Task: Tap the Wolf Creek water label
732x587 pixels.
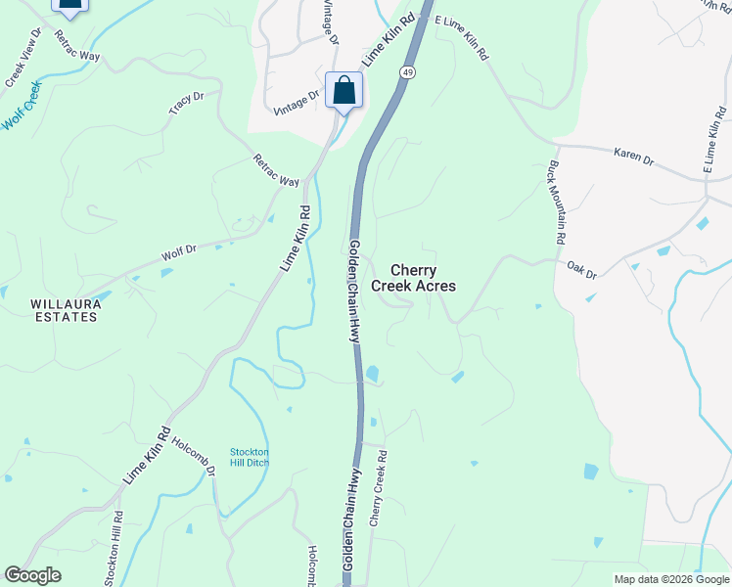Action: coord(24,110)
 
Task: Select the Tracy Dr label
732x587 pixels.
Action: coord(186,104)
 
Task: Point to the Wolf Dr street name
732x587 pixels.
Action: coord(179,252)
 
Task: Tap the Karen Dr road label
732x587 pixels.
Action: coord(633,157)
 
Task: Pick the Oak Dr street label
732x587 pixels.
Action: coord(581,266)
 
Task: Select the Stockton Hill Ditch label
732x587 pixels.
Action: coord(250,457)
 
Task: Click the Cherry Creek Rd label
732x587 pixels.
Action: coord(379,489)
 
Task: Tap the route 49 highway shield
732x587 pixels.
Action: coord(407,72)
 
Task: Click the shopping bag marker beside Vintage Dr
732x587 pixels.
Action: coord(343,91)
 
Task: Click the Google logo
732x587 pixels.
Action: coord(32,575)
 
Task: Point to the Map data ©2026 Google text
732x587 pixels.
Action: coord(670,579)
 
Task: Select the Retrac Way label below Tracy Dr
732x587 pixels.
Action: coord(277,169)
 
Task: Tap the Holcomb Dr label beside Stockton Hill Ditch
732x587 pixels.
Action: coord(194,456)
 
